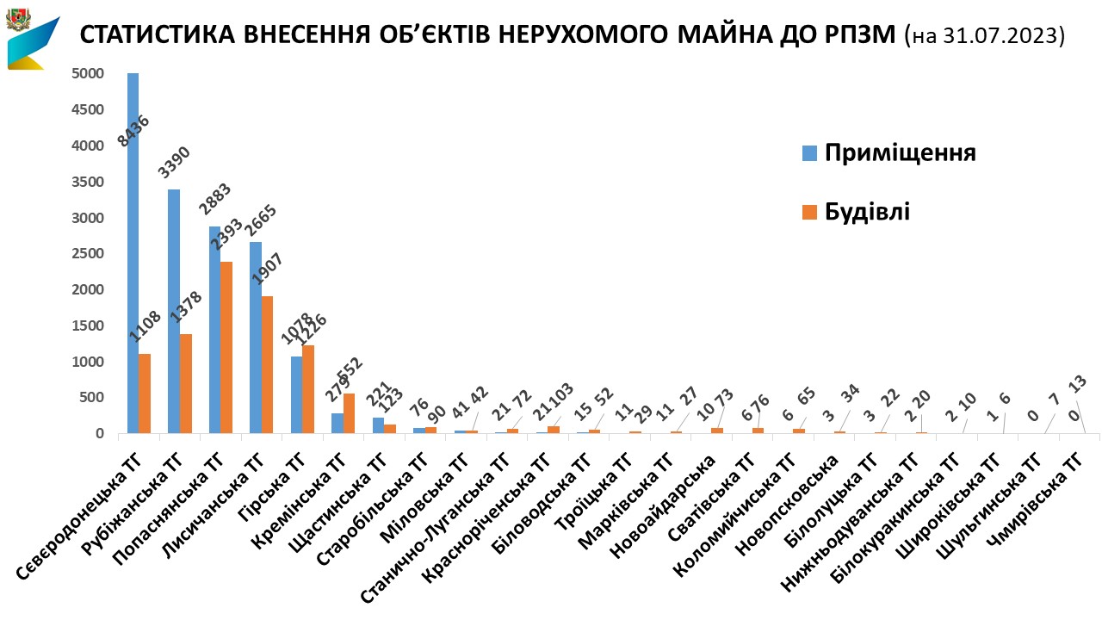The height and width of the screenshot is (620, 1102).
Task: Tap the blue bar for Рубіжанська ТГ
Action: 174,311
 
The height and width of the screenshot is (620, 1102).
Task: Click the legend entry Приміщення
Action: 900,153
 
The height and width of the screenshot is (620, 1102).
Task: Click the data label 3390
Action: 175,163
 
